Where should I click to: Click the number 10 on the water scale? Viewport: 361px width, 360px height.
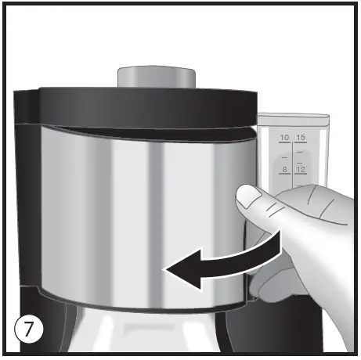pyautogui.click(x=284, y=138)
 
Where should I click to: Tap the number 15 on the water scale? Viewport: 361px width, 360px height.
pyautogui.click(x=301, y=138)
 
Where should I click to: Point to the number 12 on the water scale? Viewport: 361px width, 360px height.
pyautogui.click(x=301, y=169)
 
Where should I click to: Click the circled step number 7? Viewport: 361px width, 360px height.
pyautogui.click(x=27, y=329)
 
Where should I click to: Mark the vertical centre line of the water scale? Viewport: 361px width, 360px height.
pyautogui.click(x=293, y=157)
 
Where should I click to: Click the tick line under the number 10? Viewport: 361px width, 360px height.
pyautogui.click(x=284, y=143)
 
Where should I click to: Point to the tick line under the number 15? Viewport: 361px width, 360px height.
pyautogui.click(x=301, y=143)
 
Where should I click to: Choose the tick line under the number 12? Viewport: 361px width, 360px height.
pyautogui.click(x=301, y=175)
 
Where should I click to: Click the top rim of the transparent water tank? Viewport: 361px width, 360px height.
pyautogui.click(x=294, y=116)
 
